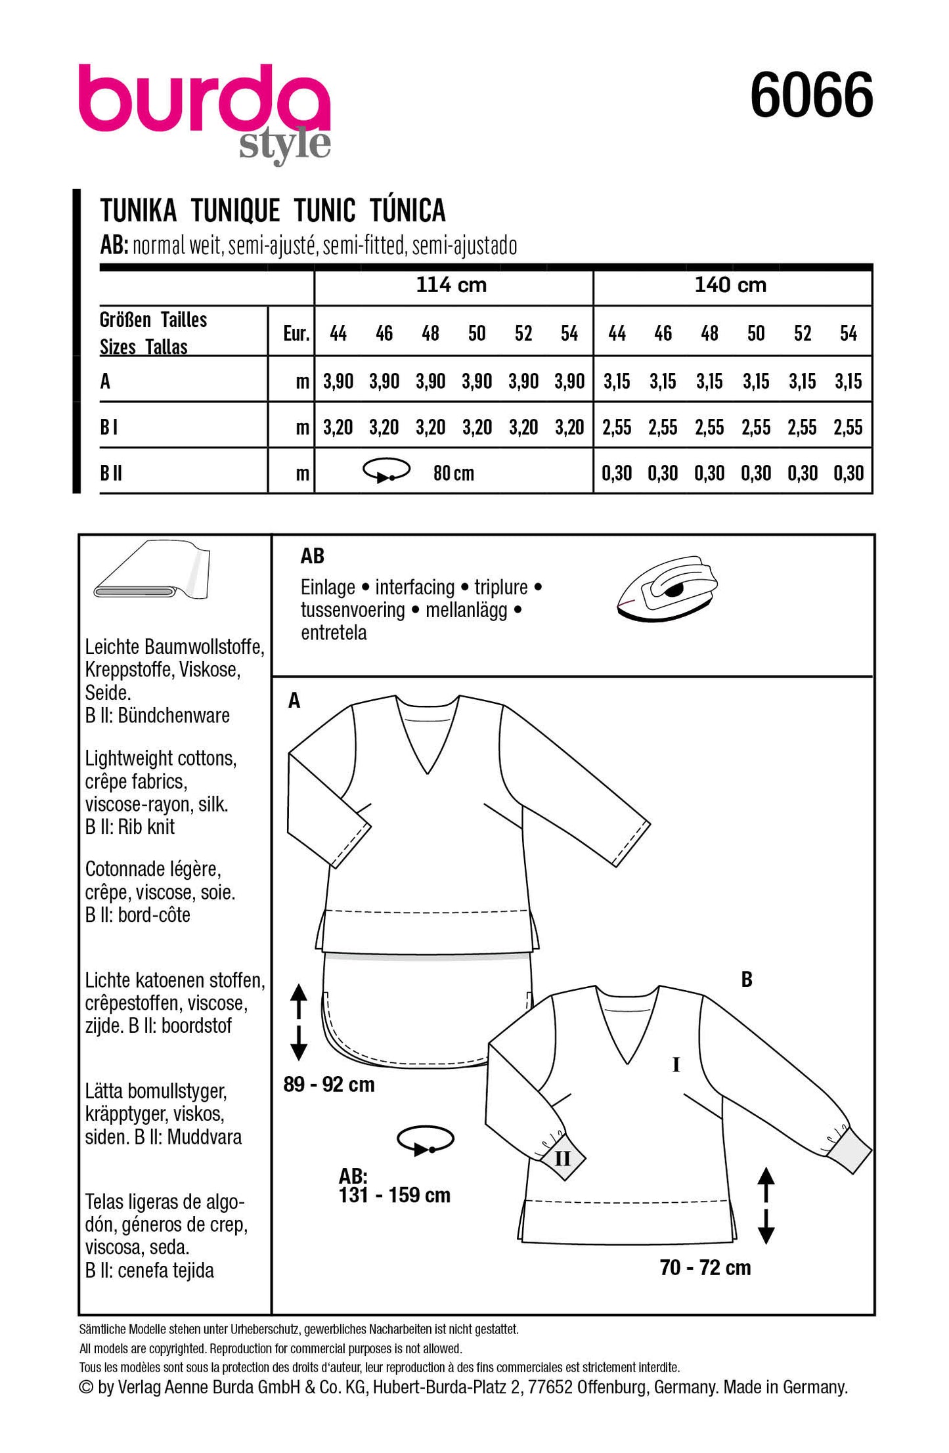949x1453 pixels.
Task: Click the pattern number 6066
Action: point(811,96)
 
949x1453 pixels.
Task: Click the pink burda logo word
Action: point(204,98)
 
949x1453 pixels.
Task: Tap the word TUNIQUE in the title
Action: point(236,211)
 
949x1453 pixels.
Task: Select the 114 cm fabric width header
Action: point(451,285)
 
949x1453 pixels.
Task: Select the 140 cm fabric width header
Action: point(730,285)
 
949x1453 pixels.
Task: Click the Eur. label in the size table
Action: point(296,334)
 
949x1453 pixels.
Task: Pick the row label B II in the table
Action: point(111,473)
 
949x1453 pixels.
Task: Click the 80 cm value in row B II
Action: point(453,473)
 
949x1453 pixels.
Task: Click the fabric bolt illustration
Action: point(152,569)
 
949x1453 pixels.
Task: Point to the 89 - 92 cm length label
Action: point(329,1084)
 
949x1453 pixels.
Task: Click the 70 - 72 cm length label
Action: point(705,1267)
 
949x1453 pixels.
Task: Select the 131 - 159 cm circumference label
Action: point(394,1194)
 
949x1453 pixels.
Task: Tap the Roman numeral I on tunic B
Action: point(676,1065)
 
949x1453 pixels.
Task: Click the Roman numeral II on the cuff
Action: point(562,1158)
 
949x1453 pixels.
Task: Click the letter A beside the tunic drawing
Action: point(294,701)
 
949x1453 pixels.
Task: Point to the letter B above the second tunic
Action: point(746,980)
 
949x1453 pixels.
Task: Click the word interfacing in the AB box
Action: point(414,587)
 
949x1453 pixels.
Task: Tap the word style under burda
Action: point(284,144)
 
